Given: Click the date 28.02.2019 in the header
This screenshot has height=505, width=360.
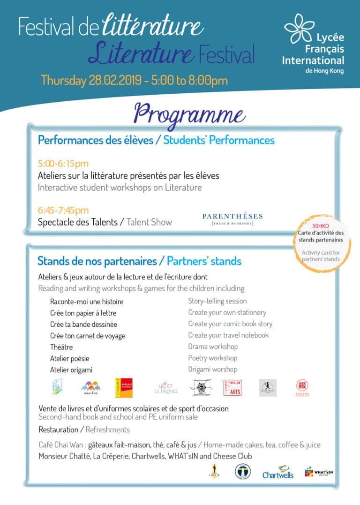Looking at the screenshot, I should coord(114,80).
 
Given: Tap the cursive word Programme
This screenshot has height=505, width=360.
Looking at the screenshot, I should coord(190,113).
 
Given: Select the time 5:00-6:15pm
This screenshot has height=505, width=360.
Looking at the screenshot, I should coord(63,164).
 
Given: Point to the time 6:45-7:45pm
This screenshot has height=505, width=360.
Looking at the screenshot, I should coord(63,211).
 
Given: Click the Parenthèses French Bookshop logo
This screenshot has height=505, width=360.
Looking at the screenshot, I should coord(232,219).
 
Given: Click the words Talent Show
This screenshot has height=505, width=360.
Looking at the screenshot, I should coord(150,222).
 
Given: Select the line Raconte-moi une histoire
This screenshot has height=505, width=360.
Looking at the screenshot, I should coord(87,301).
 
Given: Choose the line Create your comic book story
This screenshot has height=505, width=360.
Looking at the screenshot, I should coord(230,324).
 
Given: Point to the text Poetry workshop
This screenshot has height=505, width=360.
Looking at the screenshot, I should coord(213,358).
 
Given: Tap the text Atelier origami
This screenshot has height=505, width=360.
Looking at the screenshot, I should coord(71,370).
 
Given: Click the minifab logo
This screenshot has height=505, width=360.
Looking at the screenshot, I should coord(91,388).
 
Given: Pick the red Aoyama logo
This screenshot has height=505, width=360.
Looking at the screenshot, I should coord(302,388).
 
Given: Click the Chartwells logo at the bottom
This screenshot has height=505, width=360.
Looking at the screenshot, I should coord(278,472).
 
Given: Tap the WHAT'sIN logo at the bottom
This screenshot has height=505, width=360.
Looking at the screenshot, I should coord(315,472).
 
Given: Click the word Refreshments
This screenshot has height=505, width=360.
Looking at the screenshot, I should coord(108,430).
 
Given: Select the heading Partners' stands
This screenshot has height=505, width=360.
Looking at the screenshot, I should coord(204,261).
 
